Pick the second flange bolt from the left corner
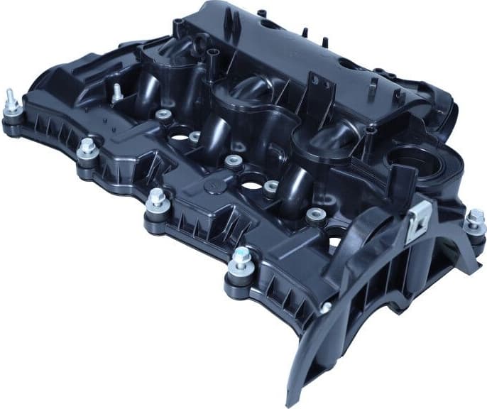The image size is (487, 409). pos(87,148)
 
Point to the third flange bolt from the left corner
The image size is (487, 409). pos(157,201)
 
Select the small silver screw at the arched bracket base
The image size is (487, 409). pos(325,307)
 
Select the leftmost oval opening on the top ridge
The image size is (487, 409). pos(268,23)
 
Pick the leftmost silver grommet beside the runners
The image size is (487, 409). pos(163,114)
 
